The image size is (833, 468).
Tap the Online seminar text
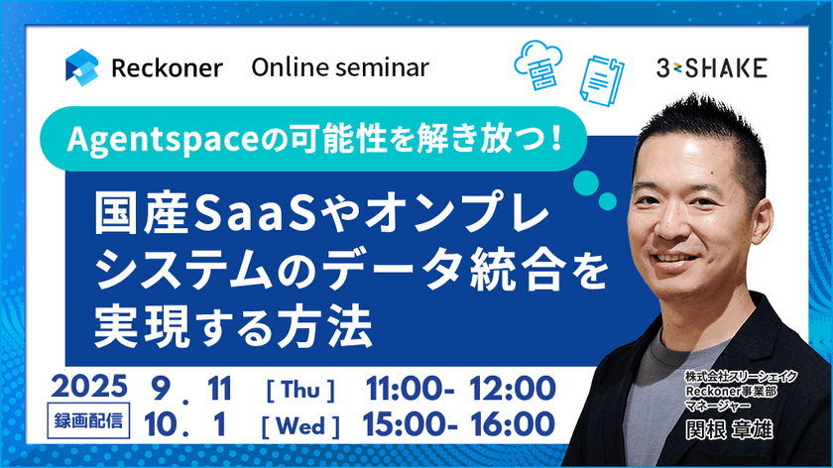point(340,67)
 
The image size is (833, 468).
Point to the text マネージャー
point(719,406)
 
